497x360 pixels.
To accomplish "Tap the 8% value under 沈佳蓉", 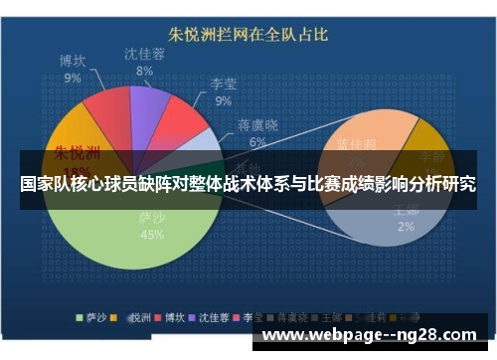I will (x=144, y=71).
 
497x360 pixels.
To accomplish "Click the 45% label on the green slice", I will (x=152, y=235).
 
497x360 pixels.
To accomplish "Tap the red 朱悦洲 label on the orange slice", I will (x=77, y=153).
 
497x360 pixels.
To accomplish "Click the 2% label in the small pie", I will (x=407, y=227).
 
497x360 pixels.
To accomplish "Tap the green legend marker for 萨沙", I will (x=82, y=319).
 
